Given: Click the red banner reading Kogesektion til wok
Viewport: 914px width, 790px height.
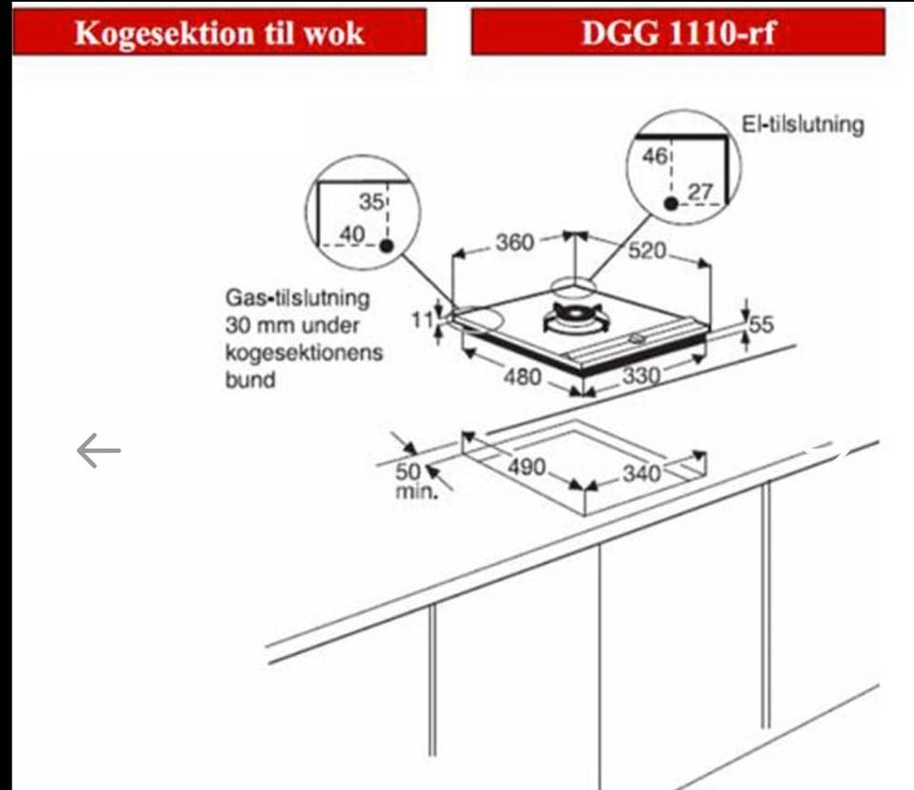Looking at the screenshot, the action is coord(219,32).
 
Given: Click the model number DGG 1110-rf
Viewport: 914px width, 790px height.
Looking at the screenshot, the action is coord(678,32).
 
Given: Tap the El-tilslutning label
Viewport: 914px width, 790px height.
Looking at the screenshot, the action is coord(802,124).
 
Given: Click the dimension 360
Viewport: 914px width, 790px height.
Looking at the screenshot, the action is coord(515,242).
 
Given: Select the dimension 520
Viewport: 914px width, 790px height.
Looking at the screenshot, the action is coord(647,251).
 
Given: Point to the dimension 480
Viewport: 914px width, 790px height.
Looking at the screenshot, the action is coord(523,377).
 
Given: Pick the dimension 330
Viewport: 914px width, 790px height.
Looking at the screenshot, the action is coord(641,375).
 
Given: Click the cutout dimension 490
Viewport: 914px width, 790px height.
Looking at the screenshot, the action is coord(527,467).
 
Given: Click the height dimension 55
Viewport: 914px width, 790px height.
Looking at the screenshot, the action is coord(762,324).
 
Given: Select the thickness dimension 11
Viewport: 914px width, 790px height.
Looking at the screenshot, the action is coord(423,320).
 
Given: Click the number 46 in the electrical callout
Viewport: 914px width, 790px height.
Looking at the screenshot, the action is coord(655,155).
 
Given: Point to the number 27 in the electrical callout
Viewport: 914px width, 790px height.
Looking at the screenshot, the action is coord(700,192).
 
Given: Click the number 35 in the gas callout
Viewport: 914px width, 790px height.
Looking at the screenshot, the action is coord(371,202).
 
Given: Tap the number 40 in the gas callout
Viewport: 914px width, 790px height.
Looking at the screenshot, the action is coord(352,234).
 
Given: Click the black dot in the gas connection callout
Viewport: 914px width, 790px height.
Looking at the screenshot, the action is coord(387,246).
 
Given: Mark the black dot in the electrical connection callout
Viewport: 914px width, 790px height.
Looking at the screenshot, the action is coord(671,204).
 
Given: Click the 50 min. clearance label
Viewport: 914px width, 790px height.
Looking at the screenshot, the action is coord(415,481).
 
